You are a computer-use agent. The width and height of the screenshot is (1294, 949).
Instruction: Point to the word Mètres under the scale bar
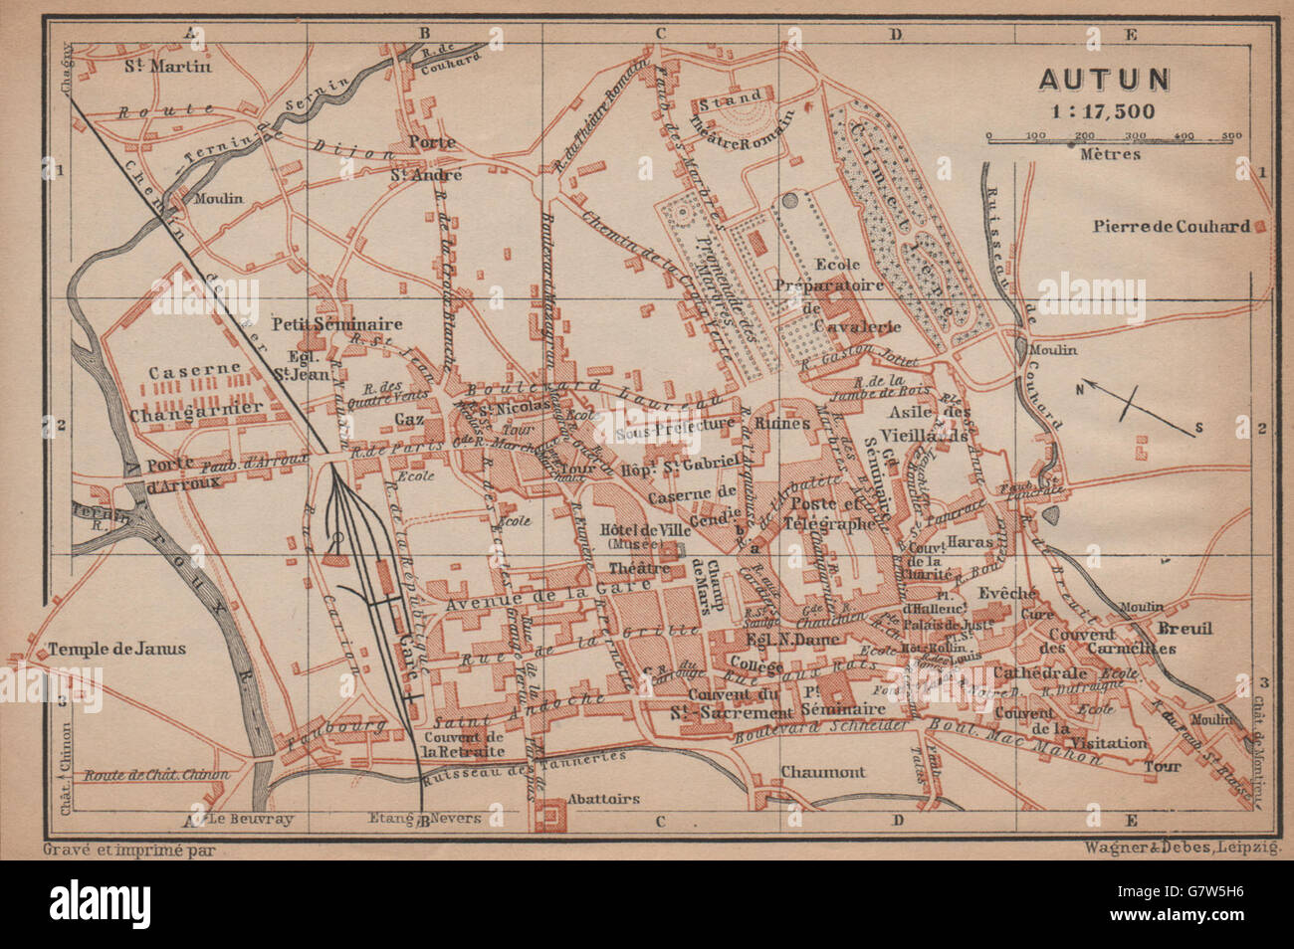coord(1108,154)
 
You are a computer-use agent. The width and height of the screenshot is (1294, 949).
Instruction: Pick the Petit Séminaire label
coord(337,324)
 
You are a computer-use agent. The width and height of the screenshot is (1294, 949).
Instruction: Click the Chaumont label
coord(822,772)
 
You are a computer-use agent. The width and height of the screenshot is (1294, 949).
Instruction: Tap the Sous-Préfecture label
coord(677,435)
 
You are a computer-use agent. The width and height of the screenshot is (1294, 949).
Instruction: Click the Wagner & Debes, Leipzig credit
coord(1181,849)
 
